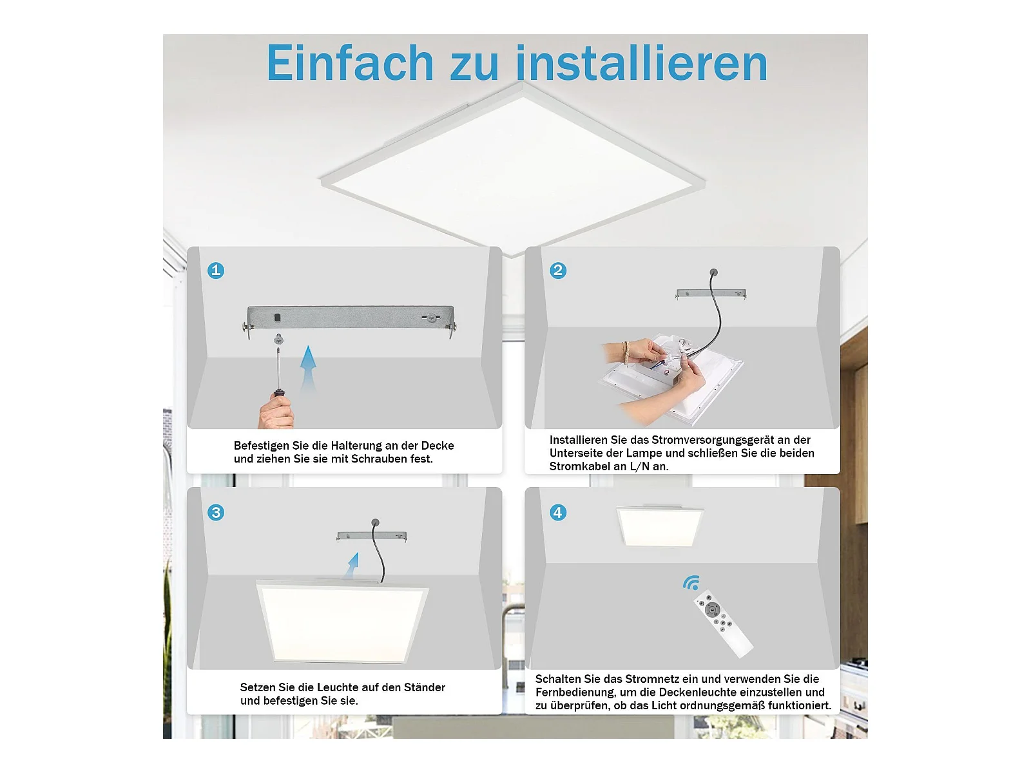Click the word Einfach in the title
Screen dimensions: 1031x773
(350, 63)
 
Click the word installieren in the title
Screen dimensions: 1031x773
(642, 63)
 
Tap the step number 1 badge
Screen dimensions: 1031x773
(216, 271)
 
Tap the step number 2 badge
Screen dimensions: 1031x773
(558, 271)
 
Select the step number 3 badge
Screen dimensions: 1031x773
(216, 512)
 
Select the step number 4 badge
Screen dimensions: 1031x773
(558, 512)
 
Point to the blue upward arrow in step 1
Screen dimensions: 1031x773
(308, 368)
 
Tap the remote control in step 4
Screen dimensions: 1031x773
(723, 624)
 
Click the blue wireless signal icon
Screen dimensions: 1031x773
(691, 582)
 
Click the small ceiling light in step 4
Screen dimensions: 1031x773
(660, 526)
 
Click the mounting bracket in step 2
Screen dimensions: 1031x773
(711, 294)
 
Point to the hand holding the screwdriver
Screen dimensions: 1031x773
(276, 412)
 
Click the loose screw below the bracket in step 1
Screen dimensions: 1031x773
(278, 338)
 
